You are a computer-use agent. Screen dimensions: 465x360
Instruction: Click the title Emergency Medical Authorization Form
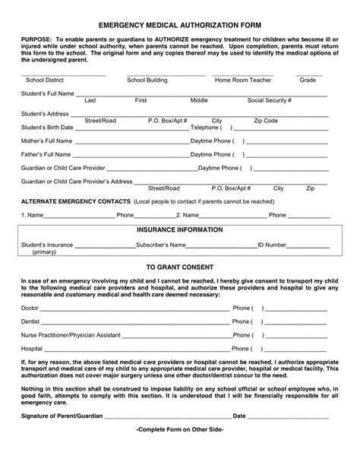tap(179, 25)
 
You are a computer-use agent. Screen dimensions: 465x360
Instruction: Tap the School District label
tap(46, 79)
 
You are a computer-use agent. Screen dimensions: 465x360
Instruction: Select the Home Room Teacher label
tap(243, 79)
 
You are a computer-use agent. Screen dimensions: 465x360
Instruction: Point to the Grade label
tap(308, 79)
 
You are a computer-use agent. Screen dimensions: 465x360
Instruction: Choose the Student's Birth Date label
tap(46, 127)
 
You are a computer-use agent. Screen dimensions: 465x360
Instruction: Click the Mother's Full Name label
tap(46, 141)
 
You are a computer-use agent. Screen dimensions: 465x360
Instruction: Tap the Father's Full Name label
tap(46, 154)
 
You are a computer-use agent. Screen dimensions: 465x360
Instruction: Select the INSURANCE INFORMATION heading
tap(179, 229)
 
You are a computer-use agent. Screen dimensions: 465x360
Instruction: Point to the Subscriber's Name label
tap(160, 245)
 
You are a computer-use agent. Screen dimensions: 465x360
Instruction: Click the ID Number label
tap(271, 245)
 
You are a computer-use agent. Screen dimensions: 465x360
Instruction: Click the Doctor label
tap(30, 308)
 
